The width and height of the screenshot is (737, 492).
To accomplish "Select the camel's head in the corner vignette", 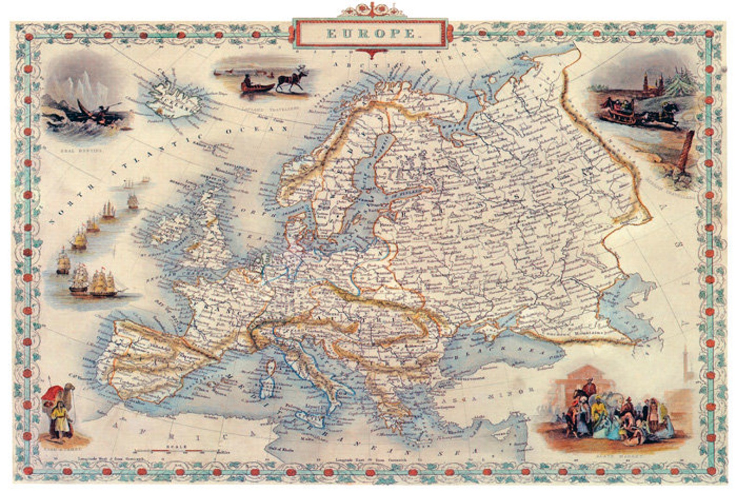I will pyautogui.click(x=70, y=388).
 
